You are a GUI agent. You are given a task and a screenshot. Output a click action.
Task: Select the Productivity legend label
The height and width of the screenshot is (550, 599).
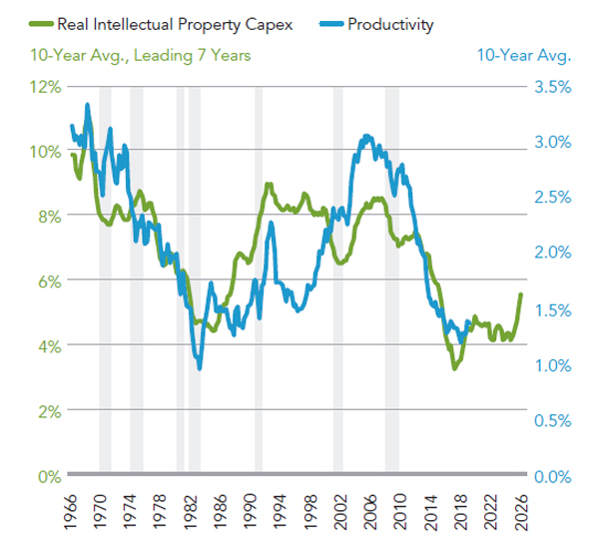[x=391, y=23]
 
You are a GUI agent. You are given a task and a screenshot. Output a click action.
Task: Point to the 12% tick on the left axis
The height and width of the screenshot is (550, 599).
[x=46, y=87]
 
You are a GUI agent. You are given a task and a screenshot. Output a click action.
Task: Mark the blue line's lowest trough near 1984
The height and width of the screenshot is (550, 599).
[x=200, y=368]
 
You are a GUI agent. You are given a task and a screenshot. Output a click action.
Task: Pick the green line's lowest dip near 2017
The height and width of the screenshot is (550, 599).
[x=455, y=368]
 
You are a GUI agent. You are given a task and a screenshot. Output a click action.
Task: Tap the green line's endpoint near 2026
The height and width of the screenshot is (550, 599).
[x=520, y=294]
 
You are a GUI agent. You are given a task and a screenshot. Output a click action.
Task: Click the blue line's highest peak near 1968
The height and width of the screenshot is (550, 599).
[x=88, y=104]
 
